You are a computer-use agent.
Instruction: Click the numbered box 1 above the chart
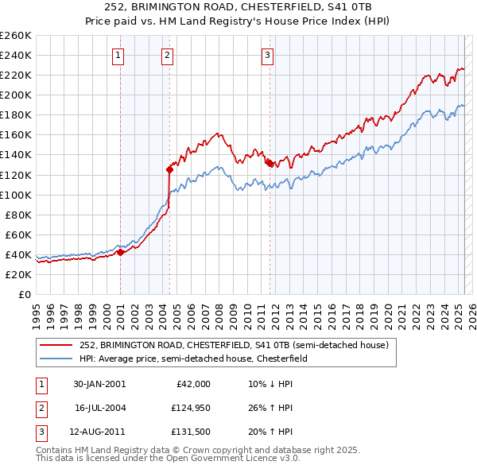coord(118,55)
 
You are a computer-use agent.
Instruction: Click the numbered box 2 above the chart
coord(167,55)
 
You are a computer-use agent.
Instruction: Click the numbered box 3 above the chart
coord(267,55)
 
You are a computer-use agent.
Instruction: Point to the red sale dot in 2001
coord(120,252)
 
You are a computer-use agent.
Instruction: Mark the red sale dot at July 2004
coord(169,169)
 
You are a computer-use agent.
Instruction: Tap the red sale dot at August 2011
coord(270,163)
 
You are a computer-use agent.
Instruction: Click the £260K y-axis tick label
coord(15,36)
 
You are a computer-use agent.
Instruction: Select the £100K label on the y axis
coord(15,195)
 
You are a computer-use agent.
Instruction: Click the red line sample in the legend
coord(56,345)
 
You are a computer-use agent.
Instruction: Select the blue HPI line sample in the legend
coord(56,359)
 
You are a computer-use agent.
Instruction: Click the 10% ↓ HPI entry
coord(270,384)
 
